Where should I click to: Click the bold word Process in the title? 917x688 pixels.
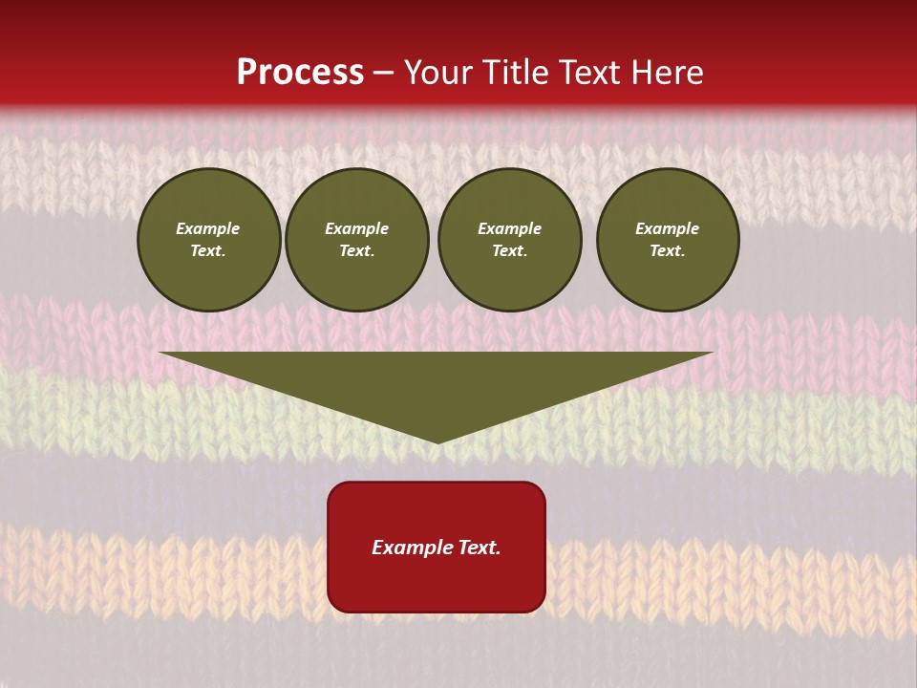tap(300, 73)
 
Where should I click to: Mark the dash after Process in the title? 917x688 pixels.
tap(384, 74)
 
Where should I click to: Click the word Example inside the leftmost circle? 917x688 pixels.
tap(208, 228)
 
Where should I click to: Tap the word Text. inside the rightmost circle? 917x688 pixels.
tap(668, 250)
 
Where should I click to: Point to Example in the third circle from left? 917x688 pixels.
tap(510, 228)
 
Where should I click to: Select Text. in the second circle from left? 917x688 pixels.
tap(357, 250)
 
